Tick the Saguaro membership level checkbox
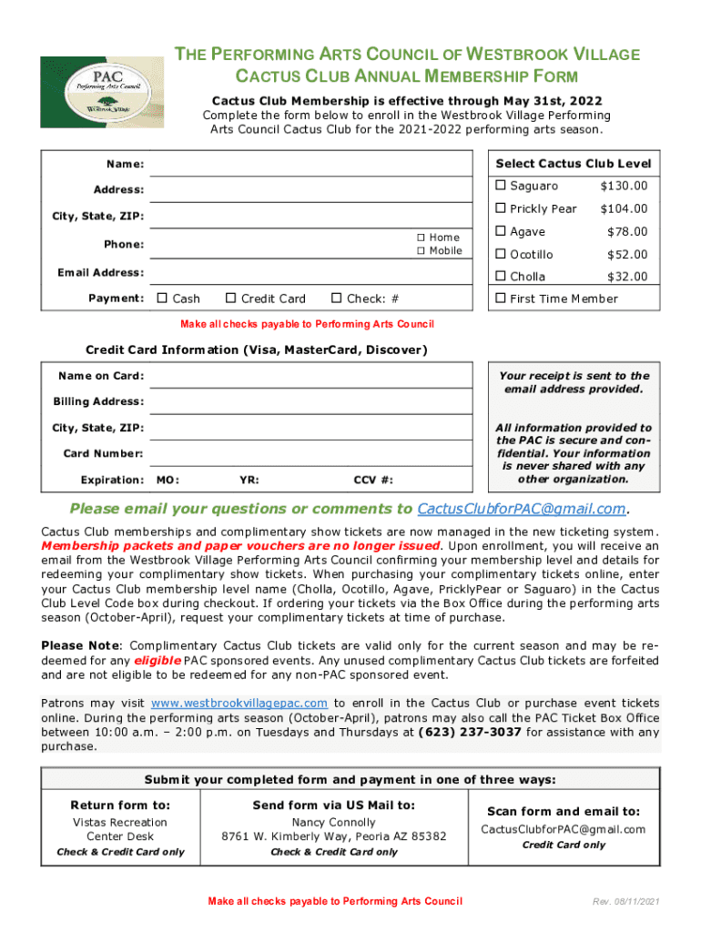(x=500, y=186)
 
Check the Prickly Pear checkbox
(x=500, y=208)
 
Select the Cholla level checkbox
(x=500, y=277)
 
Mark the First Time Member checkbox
(x=500, y=299)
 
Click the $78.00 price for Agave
(x=627, y=232)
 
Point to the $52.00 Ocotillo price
(x=627, y=255)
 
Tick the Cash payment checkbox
(x=162, y=299)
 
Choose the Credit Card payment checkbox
(x=231, y=299)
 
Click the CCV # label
(x=373, y=480)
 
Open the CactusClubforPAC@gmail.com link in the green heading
(x=522, y=509)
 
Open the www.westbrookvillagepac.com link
(x=239, y=704)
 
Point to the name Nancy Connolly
(x=334, y=822)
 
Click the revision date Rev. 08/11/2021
(x=622, y=902)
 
